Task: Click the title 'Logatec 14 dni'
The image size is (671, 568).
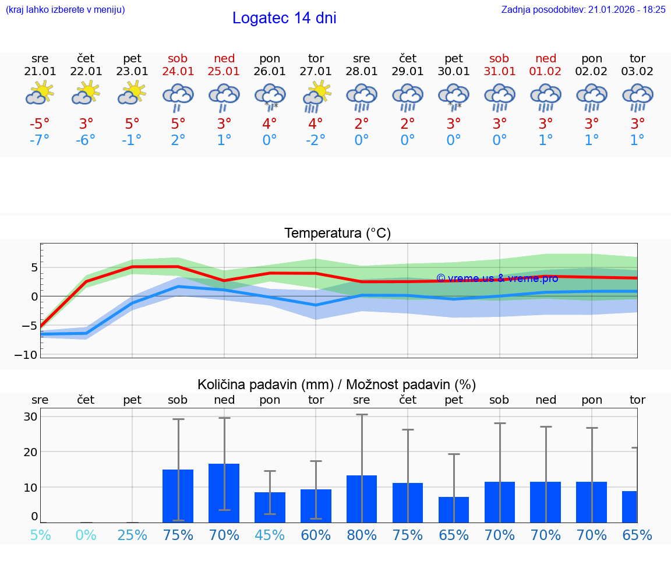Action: pyautogui.click(x=284, y=18)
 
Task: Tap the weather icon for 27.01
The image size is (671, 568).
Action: pyautogui.click(x=316, y=97)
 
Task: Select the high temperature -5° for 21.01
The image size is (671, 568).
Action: pyautogui.click(x=40, y=124)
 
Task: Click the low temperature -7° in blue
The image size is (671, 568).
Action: pyautogui.click(x=40, y=140)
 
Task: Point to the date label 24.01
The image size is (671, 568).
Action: pyautogui.click(x=178, y=72)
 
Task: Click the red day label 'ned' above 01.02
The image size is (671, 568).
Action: pyautogui.click(x=546, y=58)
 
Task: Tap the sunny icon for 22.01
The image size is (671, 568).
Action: pyautogui.click(x=86, y=93)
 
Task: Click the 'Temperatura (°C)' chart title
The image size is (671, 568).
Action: pyautogui.click(x=337, y=234)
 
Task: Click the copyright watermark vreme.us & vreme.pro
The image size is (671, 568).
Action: pyautogui.click(x=497, y=278)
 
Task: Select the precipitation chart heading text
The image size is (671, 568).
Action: pyautogui.click(x=337, y=384)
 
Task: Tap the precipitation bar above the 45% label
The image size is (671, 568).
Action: pyautogui.click(x=270, y=507)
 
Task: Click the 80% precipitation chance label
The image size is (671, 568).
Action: pyautogui.click(x=362, y=535)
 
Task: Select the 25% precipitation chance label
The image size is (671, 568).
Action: pyautogui.click(x=132, y=535)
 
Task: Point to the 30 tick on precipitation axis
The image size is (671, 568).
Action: pyautogui.click(x=30, y=417)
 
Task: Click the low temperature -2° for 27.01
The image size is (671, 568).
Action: pyautogui.click(x=316, y=140)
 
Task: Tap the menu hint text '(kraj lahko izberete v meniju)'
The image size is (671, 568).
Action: pyautogui.click(x=65, y=9)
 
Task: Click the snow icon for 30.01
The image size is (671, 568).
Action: pyautogui.click(x=454, y=97)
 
